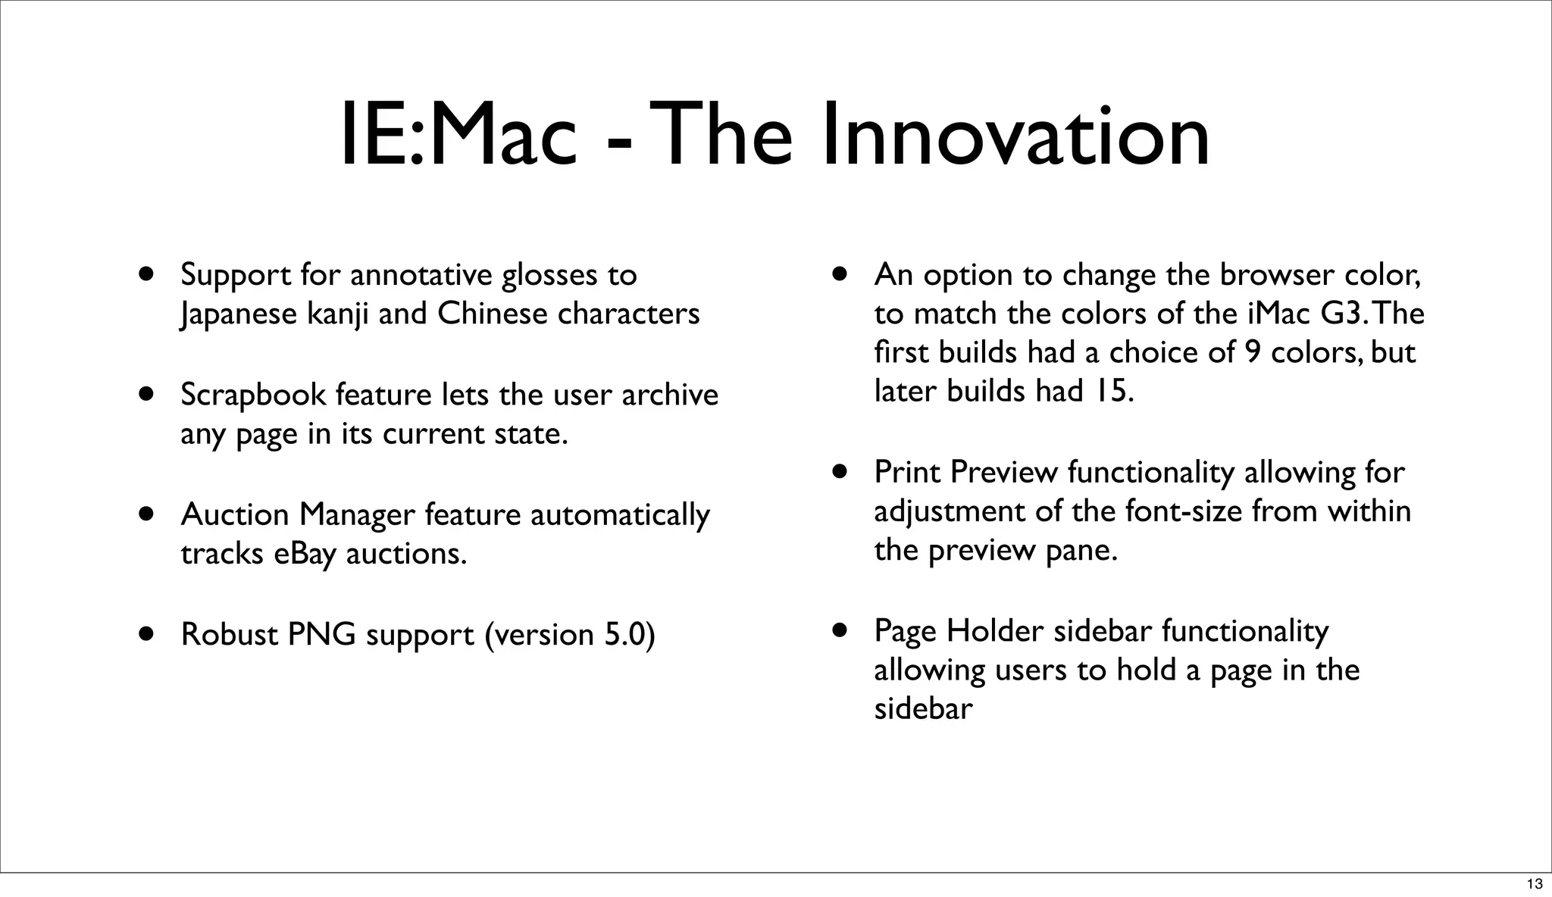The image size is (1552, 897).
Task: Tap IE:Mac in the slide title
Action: pos(458,136)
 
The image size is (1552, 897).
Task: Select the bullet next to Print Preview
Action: pos(839,471)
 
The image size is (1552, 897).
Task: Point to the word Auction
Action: pos(235,514)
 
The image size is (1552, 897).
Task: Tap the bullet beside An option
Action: pos(839,273)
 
